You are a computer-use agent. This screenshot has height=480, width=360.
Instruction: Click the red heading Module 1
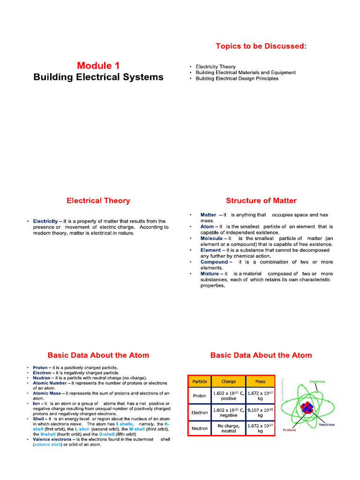tap(98, 65)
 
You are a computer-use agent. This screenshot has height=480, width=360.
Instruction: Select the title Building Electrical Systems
tap(98, 77)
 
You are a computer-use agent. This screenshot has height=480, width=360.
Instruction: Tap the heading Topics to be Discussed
tap(261, 45)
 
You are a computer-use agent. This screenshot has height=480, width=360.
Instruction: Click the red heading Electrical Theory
tap(98, 201)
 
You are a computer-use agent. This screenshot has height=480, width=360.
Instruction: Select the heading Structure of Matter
tap(261, 201)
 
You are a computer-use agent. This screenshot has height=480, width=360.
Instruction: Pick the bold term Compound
tap(214, 262)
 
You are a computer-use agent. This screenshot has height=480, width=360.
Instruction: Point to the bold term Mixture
tap(210, 274)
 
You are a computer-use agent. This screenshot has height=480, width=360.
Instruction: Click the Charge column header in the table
tap(229, 382)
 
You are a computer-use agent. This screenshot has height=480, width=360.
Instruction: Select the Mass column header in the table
tap(260, 382)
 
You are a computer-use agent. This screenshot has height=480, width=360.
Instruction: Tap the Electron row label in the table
tap(200, 412)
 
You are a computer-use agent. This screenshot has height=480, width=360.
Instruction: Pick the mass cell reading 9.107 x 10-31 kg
tap(260, 412)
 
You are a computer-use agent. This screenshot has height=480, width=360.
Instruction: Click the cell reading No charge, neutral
tap(229, 428)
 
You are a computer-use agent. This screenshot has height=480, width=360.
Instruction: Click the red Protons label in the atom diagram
tap(289, 430)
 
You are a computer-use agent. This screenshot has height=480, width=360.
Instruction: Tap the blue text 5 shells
tap(124, 424)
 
